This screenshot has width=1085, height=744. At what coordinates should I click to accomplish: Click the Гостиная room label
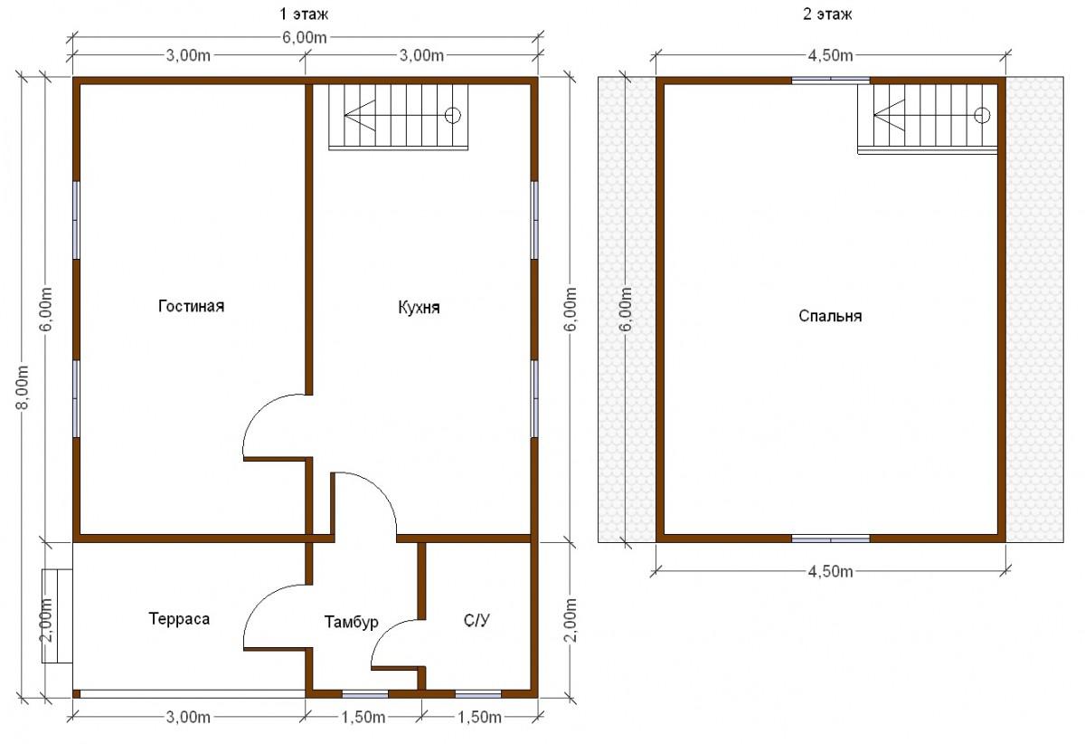192,306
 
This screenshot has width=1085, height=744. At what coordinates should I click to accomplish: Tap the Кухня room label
419,308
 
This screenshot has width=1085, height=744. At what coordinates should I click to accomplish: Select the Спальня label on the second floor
830,316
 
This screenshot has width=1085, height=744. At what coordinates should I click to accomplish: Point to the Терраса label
179,619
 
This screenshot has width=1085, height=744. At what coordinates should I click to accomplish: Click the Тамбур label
351,622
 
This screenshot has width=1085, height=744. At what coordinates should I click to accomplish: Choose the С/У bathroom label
476,620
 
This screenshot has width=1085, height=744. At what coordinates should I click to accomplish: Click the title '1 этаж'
304,14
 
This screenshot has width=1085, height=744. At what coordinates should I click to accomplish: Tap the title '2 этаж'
827,14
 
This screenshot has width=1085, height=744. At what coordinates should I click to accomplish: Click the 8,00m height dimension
23,387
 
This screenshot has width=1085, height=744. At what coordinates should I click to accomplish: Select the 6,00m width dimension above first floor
305,37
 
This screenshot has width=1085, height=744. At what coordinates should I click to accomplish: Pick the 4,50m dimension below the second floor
830,572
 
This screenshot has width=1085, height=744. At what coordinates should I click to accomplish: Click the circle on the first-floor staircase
453,116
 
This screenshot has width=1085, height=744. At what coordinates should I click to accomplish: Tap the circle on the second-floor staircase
982,116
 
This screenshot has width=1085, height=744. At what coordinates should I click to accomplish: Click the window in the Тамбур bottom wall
365,694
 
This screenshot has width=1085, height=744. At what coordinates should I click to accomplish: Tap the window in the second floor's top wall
831,81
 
